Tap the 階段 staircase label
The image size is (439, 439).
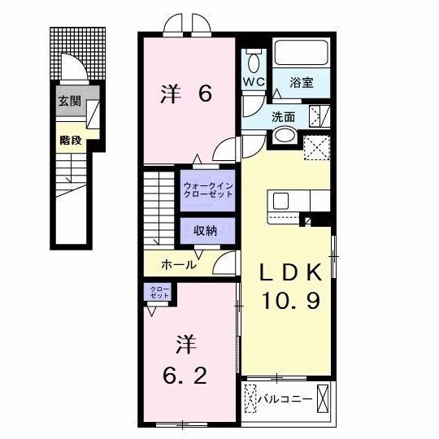[x=69, y=139]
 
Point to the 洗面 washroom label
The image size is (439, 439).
[x=285, y=116]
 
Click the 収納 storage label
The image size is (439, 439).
[x=205, y=231]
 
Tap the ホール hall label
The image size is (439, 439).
[x=178, y=264]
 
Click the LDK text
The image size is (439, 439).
[x=289, y=271]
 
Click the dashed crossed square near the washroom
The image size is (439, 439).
[x=315, y=148]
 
